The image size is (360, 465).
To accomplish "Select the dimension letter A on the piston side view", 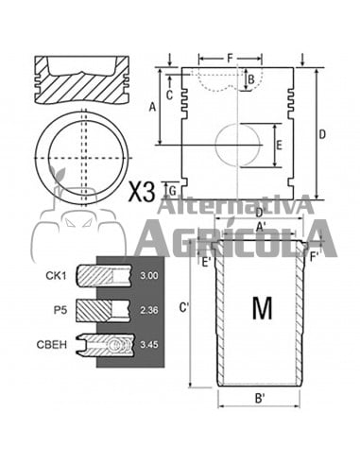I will coord(152,107).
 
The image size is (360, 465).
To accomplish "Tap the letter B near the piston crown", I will coord(251,79).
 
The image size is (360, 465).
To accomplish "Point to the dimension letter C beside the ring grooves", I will coord(169,95).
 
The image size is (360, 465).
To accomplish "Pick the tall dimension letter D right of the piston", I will coord(322,134).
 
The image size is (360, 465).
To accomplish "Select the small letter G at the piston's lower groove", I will coord(170,191).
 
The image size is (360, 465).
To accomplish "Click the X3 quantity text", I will coord(142,193).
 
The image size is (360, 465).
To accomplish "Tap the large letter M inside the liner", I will coord(262,308).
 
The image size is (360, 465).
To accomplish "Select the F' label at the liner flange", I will coord(317,253).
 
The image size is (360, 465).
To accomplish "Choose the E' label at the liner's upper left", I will coord(205,263).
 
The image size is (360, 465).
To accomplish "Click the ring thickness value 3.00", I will coord(148,275).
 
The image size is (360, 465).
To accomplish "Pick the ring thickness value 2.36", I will coord(148,309).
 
